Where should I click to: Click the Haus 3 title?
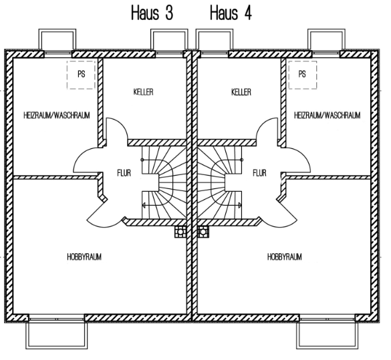click(x=152, y=13)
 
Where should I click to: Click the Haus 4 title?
click(x=231, y=13)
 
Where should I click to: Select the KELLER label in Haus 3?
click(x=144, y=92)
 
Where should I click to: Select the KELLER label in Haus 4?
click(x=241, y=92)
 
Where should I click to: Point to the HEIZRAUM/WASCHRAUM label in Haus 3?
click(x=57, y=116)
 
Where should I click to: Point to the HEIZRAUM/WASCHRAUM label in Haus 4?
click(x=327, y=116)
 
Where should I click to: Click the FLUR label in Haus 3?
click(x=124, y=173)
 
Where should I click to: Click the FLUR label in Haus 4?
click(x=259, y=173)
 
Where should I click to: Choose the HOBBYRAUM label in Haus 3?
click(x=84, y=257)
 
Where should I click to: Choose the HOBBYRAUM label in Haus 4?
click(x=285, y=257)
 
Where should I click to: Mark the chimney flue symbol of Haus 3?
click(x=180, y=232)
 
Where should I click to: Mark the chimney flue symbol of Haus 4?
click(x=203, y=232)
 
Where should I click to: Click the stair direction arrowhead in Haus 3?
click(x=144, y=205)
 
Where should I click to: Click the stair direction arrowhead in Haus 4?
click(x=240, y=205)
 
